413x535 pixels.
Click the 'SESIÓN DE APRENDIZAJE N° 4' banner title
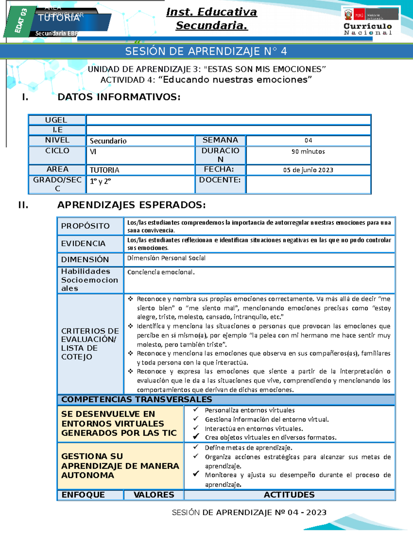206,51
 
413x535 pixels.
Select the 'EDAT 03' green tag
20,21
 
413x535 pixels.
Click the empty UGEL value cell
228,120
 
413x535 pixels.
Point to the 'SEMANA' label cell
220,140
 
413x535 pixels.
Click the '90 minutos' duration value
308,152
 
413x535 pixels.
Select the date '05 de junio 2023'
308,170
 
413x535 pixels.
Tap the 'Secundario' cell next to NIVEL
108,141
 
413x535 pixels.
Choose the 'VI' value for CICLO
93,152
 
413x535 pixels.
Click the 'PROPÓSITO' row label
85,226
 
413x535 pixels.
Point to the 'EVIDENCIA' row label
83,244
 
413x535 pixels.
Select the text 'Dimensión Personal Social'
166,258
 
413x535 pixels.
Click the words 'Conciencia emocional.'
161,272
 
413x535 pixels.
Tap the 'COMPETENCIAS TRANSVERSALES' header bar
137,399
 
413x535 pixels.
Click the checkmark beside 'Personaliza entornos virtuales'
196,410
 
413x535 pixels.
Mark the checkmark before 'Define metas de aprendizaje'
196,447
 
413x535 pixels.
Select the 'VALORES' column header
153,495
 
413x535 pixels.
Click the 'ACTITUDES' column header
289,495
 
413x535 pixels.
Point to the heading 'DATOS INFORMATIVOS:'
119,97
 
